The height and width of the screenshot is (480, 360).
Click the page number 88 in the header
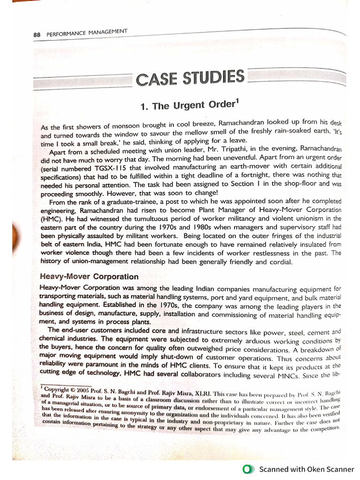click(x=37, y=35)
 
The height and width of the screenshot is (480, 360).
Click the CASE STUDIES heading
click(x=190, y=78)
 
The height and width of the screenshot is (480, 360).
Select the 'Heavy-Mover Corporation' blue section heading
click(x=89, y=277)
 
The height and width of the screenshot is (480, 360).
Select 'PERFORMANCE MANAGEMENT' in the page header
click(x=87, y=33)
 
